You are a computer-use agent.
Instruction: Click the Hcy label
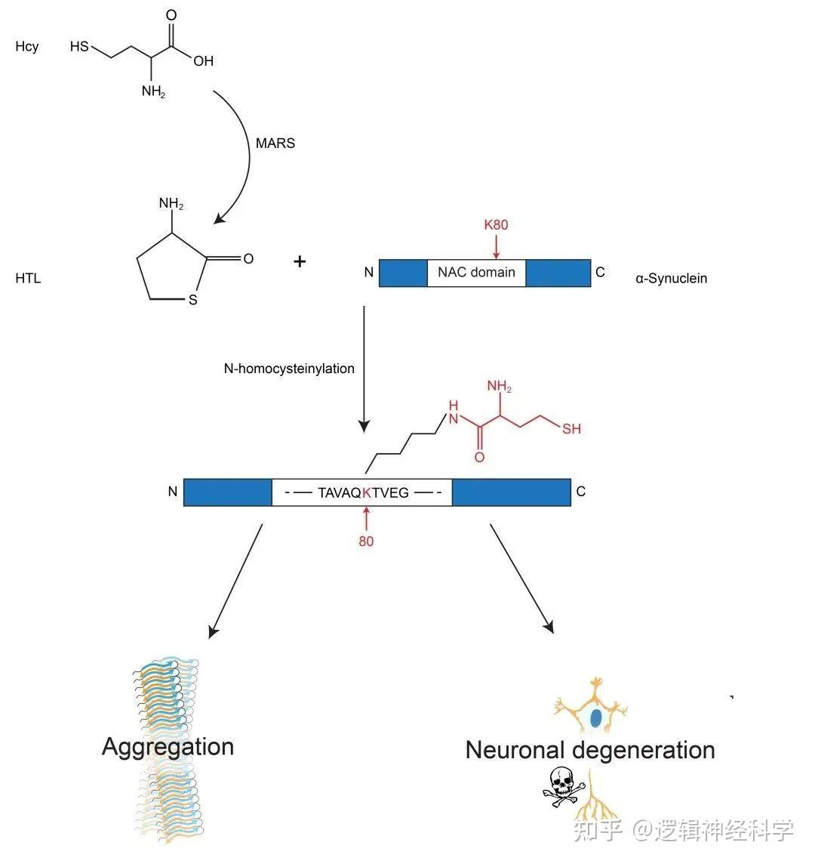coord(26,47)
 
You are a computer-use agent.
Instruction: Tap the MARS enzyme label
coord(275,143)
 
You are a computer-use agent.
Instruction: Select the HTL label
coord(28,278)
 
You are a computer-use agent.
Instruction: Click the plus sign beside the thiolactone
coord(300,262)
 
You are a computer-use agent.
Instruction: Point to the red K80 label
coord(497,224)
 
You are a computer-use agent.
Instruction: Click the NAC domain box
coord(476,273)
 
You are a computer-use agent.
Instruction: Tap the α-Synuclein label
coord(671,278)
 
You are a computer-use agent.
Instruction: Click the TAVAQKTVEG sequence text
coord(363,492)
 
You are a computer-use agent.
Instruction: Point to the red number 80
coord(366,542)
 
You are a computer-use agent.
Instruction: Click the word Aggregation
coord(168,747)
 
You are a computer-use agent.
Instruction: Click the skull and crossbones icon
coord(561,785)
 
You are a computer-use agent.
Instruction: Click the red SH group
coord(571,429)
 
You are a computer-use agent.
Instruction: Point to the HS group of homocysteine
coord(79,47)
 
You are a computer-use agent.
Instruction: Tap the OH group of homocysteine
coord(203,61)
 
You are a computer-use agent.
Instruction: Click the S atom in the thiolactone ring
coord(192,300)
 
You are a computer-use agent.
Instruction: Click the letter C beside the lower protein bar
coord(580,492)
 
